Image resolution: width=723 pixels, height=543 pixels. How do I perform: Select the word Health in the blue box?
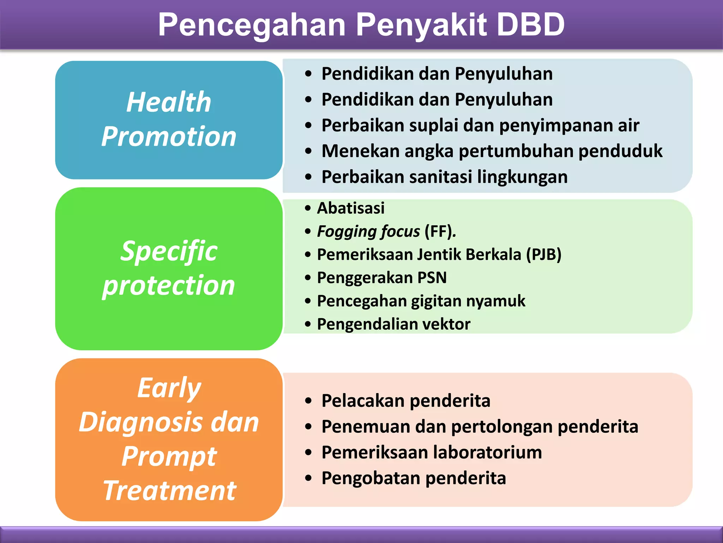[169, 103]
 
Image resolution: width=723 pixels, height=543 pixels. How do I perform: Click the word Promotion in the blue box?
[169, 137]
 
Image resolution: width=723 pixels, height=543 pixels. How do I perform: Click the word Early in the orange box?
[169, 388]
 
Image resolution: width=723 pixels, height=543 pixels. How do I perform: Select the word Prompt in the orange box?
[169, 457]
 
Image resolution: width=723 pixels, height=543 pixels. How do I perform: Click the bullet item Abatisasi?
[351, 208]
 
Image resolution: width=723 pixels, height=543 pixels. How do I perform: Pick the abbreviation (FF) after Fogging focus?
[440, 232]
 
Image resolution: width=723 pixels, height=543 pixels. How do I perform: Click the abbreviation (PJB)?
[544, 255]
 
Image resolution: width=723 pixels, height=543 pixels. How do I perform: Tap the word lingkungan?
[522, 177]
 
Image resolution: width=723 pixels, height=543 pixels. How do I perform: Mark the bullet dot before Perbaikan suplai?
[309, 125]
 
